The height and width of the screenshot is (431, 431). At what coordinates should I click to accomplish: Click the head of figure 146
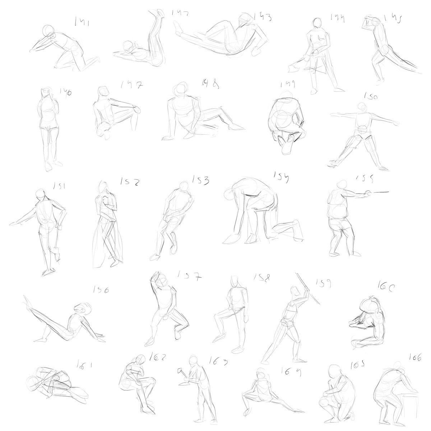[x=45, y=92]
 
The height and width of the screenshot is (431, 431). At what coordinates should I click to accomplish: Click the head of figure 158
[x=235, y=281]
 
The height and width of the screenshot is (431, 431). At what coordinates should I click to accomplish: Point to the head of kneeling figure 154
[x=229, y=195]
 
